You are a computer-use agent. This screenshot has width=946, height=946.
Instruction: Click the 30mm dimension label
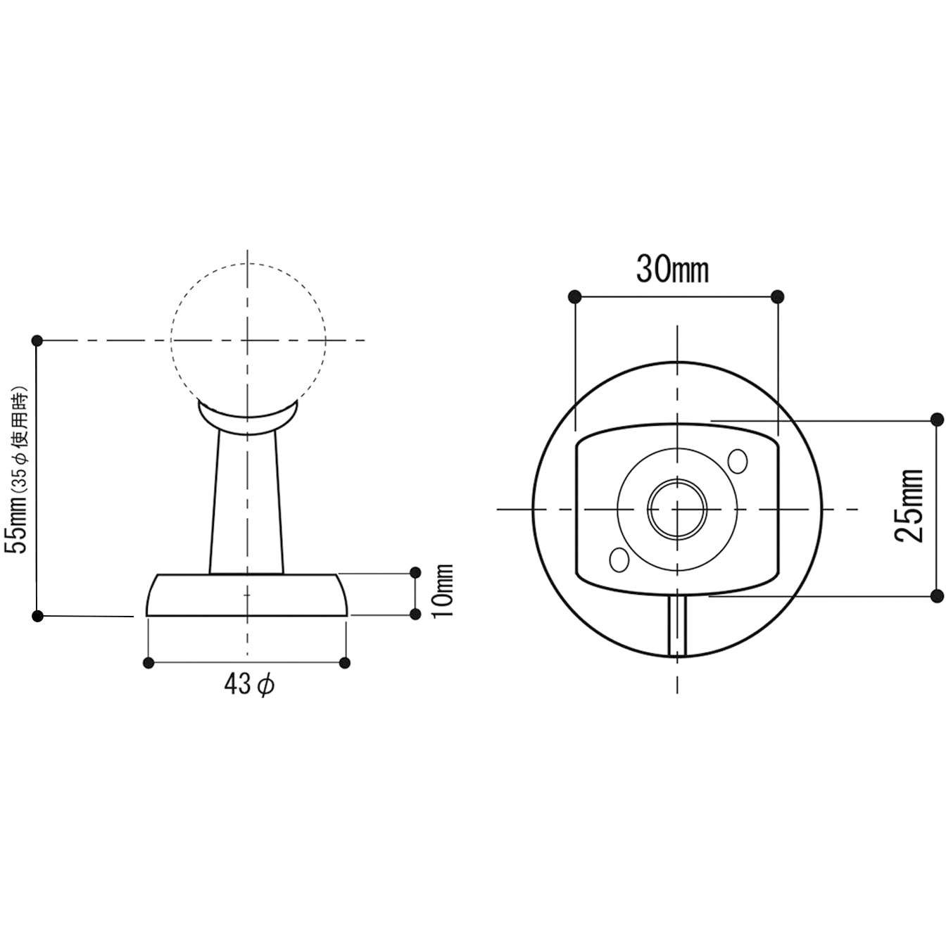tap(672, 270)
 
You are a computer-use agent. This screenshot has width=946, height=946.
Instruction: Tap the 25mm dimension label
tap(909, 505)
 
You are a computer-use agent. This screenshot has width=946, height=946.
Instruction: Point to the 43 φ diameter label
tap(249, 684)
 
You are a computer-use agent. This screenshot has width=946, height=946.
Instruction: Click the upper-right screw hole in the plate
tap(738, 461)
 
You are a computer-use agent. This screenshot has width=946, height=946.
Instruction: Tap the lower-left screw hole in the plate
tap(619, 559)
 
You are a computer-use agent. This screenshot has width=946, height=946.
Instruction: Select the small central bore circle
tap(677, 509)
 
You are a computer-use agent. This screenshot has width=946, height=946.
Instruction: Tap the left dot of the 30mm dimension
tap(575, 296)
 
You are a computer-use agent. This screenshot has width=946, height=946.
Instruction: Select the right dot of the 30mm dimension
tap(778, 296)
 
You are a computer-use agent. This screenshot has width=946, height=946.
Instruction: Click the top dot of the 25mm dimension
tap(937, 420)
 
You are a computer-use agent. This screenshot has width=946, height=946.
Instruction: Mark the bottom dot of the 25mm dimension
tap(937, 596)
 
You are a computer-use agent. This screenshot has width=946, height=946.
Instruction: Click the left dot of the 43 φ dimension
tap(148, 663)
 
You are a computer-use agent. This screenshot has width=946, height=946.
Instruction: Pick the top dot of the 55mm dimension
tap(37, 340)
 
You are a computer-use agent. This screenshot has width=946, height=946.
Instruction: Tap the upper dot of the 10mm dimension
tap(415, 572)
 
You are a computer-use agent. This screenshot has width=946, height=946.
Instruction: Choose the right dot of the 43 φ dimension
tap(345, 663)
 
